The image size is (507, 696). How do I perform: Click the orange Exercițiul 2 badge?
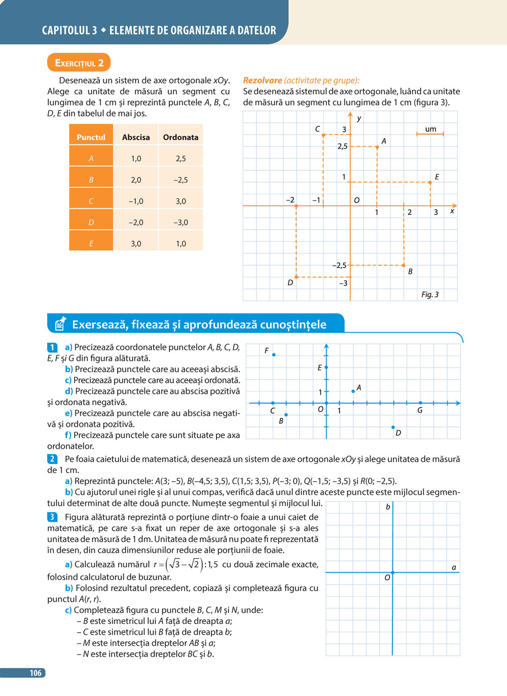coord(79,63)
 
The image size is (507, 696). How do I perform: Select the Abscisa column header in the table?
coord(136,137)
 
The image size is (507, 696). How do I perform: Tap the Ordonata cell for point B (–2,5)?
coord(180,180)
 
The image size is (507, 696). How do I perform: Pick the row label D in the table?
coord(91,223)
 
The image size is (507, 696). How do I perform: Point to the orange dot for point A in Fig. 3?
coord(377,147)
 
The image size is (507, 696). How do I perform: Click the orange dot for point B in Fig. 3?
coord(404,265)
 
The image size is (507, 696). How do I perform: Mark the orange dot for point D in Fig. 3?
coord(297,277)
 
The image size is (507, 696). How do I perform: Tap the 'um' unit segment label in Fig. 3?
coord(430,129)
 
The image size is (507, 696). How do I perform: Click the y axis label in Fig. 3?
coord(359,118)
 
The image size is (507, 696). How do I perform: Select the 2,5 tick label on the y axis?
coord(343,146)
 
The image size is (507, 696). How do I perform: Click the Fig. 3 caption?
coord(430,295)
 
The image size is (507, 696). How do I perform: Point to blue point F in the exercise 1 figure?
coord(274,355)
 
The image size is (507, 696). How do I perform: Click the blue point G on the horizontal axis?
coord(420,403)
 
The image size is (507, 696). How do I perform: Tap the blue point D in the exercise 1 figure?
coord(393,427)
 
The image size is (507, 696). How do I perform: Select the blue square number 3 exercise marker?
coord(52,517)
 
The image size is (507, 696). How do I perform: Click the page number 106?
coord(35,673)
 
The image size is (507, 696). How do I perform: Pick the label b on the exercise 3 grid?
coord(388,507)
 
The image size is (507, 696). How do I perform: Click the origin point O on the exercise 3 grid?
coord(392,572)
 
